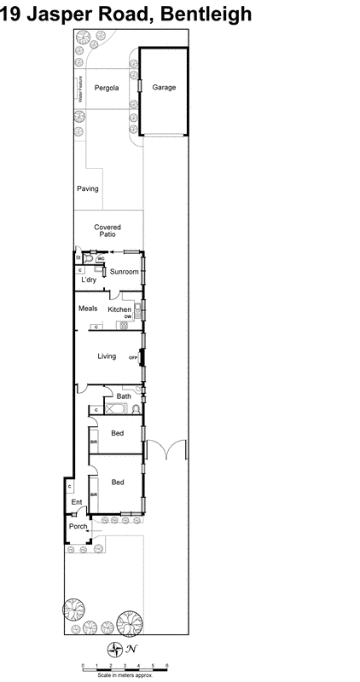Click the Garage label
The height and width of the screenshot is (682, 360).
(164, 88)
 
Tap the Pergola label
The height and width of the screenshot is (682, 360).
(107, 88)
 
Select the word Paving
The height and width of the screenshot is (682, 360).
(88, 188)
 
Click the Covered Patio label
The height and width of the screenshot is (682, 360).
(107, 231)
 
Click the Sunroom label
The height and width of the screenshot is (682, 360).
(125, 273)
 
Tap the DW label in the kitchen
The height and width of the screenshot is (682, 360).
(127, 317)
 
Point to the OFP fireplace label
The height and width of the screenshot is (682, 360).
(133, 356)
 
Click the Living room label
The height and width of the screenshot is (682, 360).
(106, 356)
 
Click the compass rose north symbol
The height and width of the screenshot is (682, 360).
(113, 650)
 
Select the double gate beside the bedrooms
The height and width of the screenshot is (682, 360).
(164, 452)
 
